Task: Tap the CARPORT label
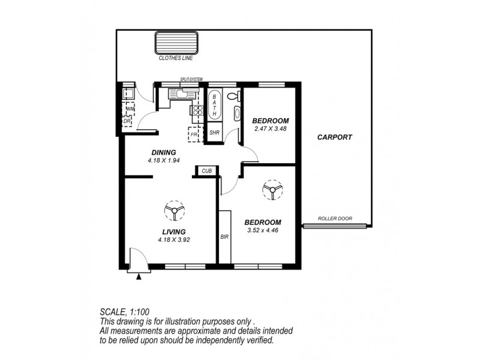[335, 137]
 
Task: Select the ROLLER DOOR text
[336, 219]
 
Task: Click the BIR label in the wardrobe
[224, 237]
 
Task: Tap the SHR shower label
[214, 133]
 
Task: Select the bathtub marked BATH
[214, 106]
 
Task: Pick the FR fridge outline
[195, 134]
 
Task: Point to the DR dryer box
[127, 121]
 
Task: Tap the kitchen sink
[179, 93]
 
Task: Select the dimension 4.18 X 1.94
[163, 161]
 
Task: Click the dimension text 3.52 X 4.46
[263, 229]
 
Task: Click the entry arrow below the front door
[140, 276]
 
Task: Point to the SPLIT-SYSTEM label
[191, 79]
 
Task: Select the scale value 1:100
[139, 312]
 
